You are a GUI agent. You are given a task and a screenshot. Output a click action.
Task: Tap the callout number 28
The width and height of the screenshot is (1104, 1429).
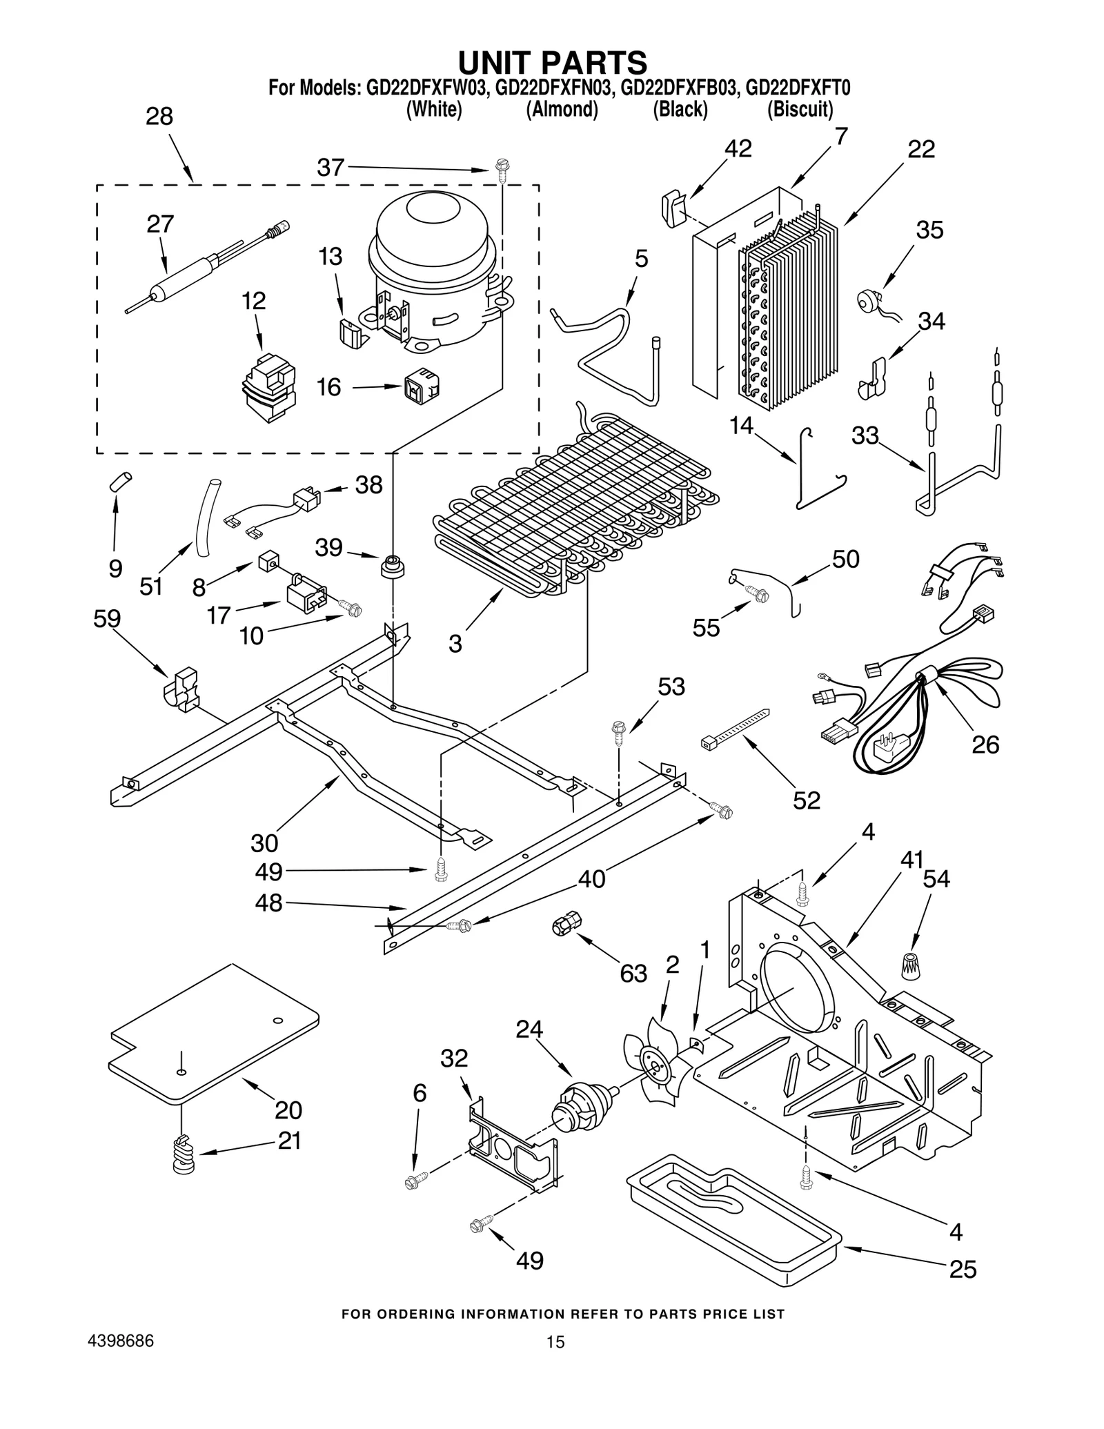point(159,117)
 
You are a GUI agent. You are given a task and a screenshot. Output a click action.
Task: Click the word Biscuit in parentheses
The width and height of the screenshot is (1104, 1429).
point(800,110)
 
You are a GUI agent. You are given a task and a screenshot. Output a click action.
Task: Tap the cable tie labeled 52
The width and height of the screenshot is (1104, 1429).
point(735,729)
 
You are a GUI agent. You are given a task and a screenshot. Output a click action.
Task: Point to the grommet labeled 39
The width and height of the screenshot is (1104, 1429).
point(392,566)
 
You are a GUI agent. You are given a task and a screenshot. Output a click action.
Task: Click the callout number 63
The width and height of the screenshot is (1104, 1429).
point(633,973)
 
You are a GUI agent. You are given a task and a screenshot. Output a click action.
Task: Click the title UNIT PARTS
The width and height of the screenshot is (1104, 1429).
point(552,62)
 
